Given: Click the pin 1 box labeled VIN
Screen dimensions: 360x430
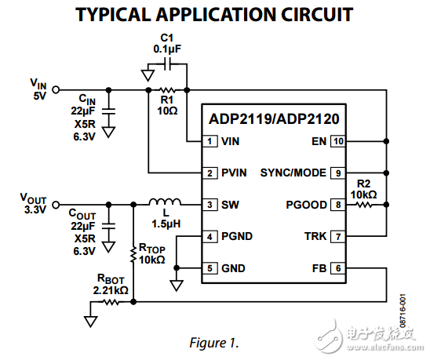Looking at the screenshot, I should [x=210, y=142].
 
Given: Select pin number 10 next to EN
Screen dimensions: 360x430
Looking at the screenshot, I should [x=337, y=142].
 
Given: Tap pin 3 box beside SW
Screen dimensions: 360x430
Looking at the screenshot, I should [x=210, y=205].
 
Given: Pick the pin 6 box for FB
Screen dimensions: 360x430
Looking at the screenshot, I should [x=337, y=268].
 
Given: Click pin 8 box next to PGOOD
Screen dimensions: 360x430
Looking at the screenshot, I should [x=337, y=205].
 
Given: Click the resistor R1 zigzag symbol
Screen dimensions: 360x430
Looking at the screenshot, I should [x=166, y=90].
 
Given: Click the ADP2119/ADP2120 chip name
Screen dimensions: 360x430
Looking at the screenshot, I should [x=273, y=120].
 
